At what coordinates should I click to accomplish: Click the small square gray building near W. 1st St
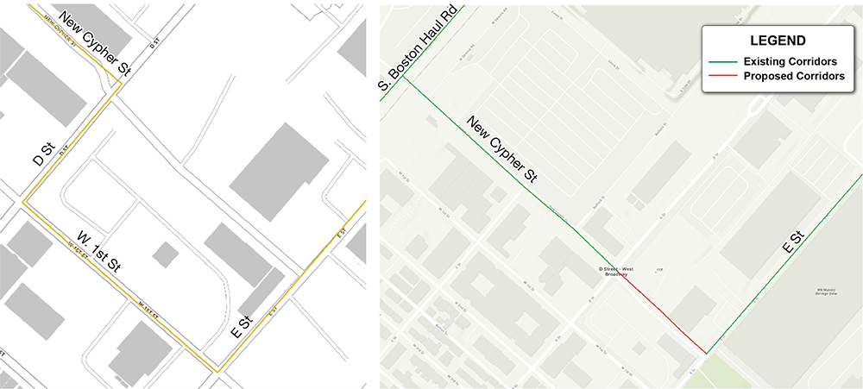coord(165,254)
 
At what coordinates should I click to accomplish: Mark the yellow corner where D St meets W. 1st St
coord(23,204)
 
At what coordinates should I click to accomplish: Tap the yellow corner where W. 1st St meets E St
coord(217,371)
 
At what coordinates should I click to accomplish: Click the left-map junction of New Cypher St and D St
coord(119,84)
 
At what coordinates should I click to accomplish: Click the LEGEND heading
coord(778,41)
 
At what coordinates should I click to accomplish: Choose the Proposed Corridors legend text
coord(792,76)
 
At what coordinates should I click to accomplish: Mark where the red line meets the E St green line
coord(706,353)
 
